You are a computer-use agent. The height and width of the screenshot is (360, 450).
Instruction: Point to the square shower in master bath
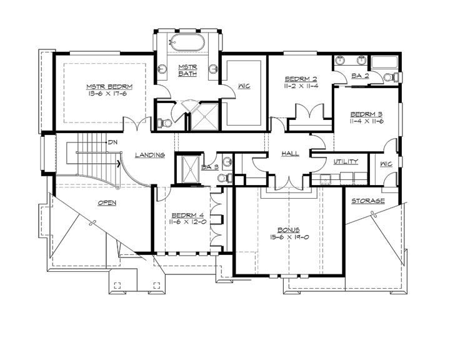coord(202,117)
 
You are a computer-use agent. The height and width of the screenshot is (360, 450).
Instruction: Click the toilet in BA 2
coord(388,76)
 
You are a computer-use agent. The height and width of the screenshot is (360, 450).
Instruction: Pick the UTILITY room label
coord(346,161)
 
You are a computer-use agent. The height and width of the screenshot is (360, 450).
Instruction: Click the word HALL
coord(290,153)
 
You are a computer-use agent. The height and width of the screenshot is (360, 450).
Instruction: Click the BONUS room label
coord(289,230)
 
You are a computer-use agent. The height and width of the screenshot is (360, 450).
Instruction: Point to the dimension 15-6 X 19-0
coord(289,239)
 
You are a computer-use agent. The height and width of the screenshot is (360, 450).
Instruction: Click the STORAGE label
coord(367,201)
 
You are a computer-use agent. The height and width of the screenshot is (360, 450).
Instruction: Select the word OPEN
coord(107,202)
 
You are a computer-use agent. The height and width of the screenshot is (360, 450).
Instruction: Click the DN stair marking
coord(112,142)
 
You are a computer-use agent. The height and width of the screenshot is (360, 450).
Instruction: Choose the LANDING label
coord(149,155)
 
